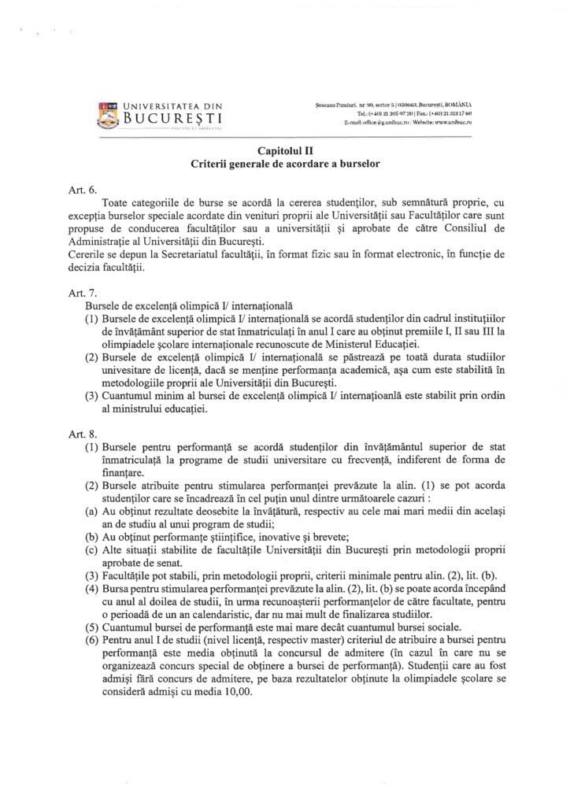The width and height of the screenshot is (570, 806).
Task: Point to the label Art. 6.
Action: [x=83, y=190]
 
